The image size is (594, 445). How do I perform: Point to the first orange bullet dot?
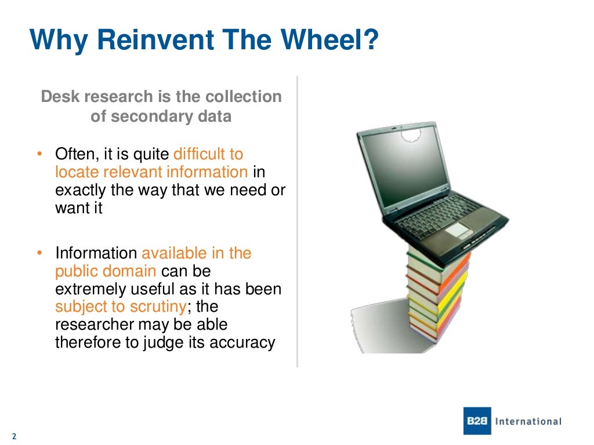39,155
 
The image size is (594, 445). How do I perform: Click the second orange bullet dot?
39,253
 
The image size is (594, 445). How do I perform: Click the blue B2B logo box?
477,421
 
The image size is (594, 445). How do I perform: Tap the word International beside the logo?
528,421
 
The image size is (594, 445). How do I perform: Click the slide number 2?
13,436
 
